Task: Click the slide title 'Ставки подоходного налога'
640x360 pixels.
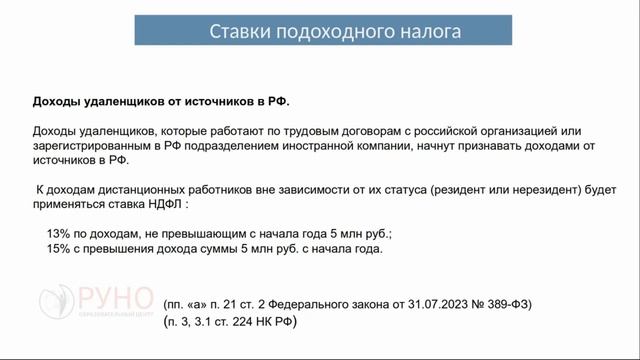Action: point(335,31)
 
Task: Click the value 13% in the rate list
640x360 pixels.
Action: point(58,233)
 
